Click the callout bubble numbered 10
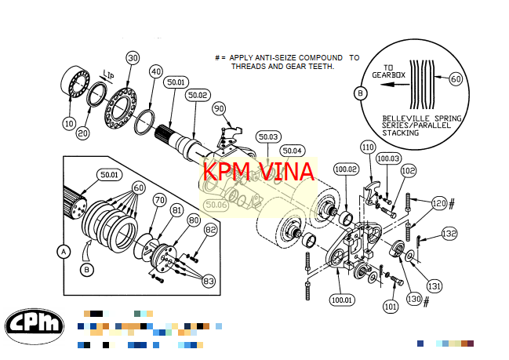[x=70, y=123]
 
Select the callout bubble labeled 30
[x=133, y=58]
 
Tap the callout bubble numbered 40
[x=155, y=71]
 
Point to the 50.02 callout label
[x=198, y=95]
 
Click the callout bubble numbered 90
[x=219, y=108]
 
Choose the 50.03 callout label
[x=268, y=136]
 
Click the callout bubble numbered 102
[x=408, y=169]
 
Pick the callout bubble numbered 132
[x=449, y=233]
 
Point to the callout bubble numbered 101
[x=390, y=307]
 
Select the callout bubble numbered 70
[x=159, y=201]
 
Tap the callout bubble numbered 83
[x=209, y=280]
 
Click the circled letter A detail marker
[x=62, y=252]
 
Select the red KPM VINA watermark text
[x=258, y=172]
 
